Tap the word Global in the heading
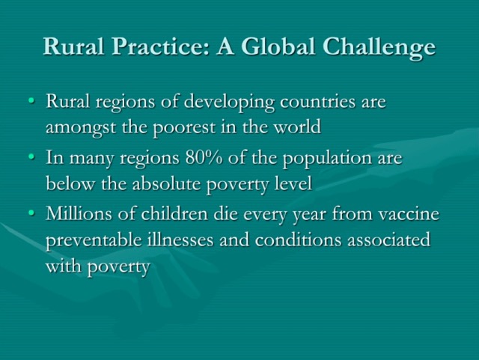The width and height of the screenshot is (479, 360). [278, 46]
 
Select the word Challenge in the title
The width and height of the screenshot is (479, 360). [379, 47]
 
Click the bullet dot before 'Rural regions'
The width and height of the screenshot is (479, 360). [31, 100]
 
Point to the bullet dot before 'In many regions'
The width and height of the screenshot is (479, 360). [31, 156]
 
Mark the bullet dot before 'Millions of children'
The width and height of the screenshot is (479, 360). [31, 213]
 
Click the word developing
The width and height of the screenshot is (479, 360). [229, 103]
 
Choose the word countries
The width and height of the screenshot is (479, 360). [317, 101]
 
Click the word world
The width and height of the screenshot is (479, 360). [297, 126]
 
